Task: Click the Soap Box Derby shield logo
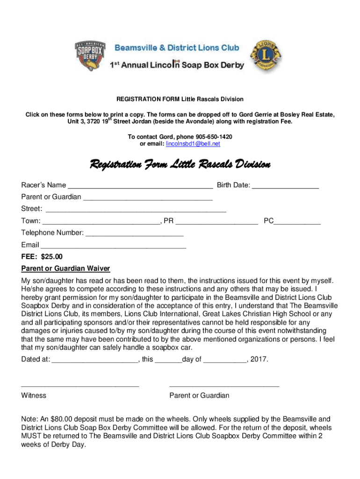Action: click(92, 56)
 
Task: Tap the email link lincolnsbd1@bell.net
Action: click(193, 144)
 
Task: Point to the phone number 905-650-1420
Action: click(212, 137)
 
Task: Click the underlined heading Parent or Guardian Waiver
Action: click(65, 269)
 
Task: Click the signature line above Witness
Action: click(80, 386)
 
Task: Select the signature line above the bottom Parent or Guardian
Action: click(224, 386)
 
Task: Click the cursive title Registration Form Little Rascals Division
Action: click(180, 165)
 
